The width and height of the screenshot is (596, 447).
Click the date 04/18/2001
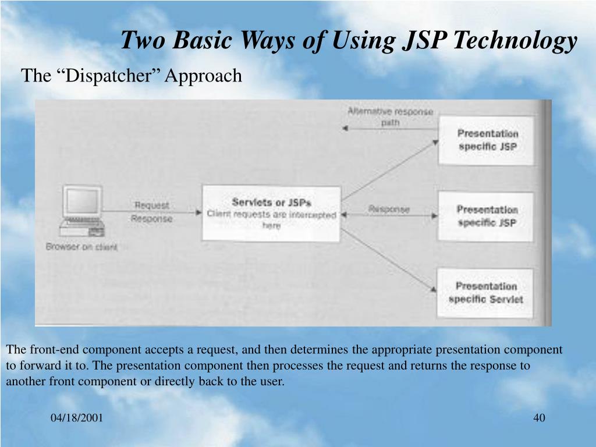77,418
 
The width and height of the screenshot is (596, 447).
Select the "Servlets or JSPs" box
271,213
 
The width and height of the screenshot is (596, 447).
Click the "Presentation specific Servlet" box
485,293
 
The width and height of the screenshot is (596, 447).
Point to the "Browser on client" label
81,247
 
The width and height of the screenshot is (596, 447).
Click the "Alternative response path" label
390,116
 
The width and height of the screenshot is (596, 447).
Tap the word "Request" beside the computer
152,205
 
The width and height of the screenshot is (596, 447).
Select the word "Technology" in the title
515,41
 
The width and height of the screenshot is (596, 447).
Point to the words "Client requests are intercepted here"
271,219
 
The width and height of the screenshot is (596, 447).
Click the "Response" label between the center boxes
389,209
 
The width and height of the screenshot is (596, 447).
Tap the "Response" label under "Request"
151,219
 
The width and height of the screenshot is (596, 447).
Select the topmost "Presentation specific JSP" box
487,140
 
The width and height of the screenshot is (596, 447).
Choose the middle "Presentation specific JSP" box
487,216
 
